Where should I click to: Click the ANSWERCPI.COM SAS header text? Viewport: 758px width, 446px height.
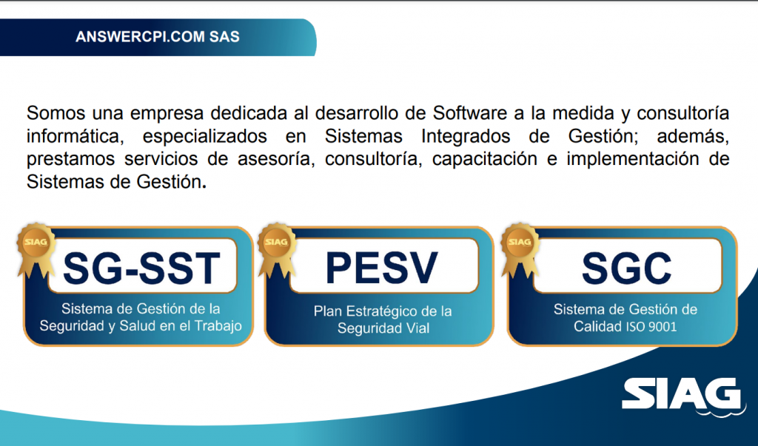[158, 37]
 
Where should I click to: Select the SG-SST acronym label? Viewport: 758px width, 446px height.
[141, 268]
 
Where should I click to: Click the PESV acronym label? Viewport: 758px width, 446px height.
[382, 268]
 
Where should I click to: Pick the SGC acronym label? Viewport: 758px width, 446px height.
[626, 268]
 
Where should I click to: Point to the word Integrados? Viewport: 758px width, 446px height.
[466, 136]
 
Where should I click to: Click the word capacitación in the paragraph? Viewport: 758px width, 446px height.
[484, 159]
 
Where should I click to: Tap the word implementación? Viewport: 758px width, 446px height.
[633, 159]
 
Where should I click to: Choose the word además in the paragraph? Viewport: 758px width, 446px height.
[693, 137]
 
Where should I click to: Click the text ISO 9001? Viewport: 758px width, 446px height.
[651, 327]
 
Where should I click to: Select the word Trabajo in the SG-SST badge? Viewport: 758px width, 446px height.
[218, 326]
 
